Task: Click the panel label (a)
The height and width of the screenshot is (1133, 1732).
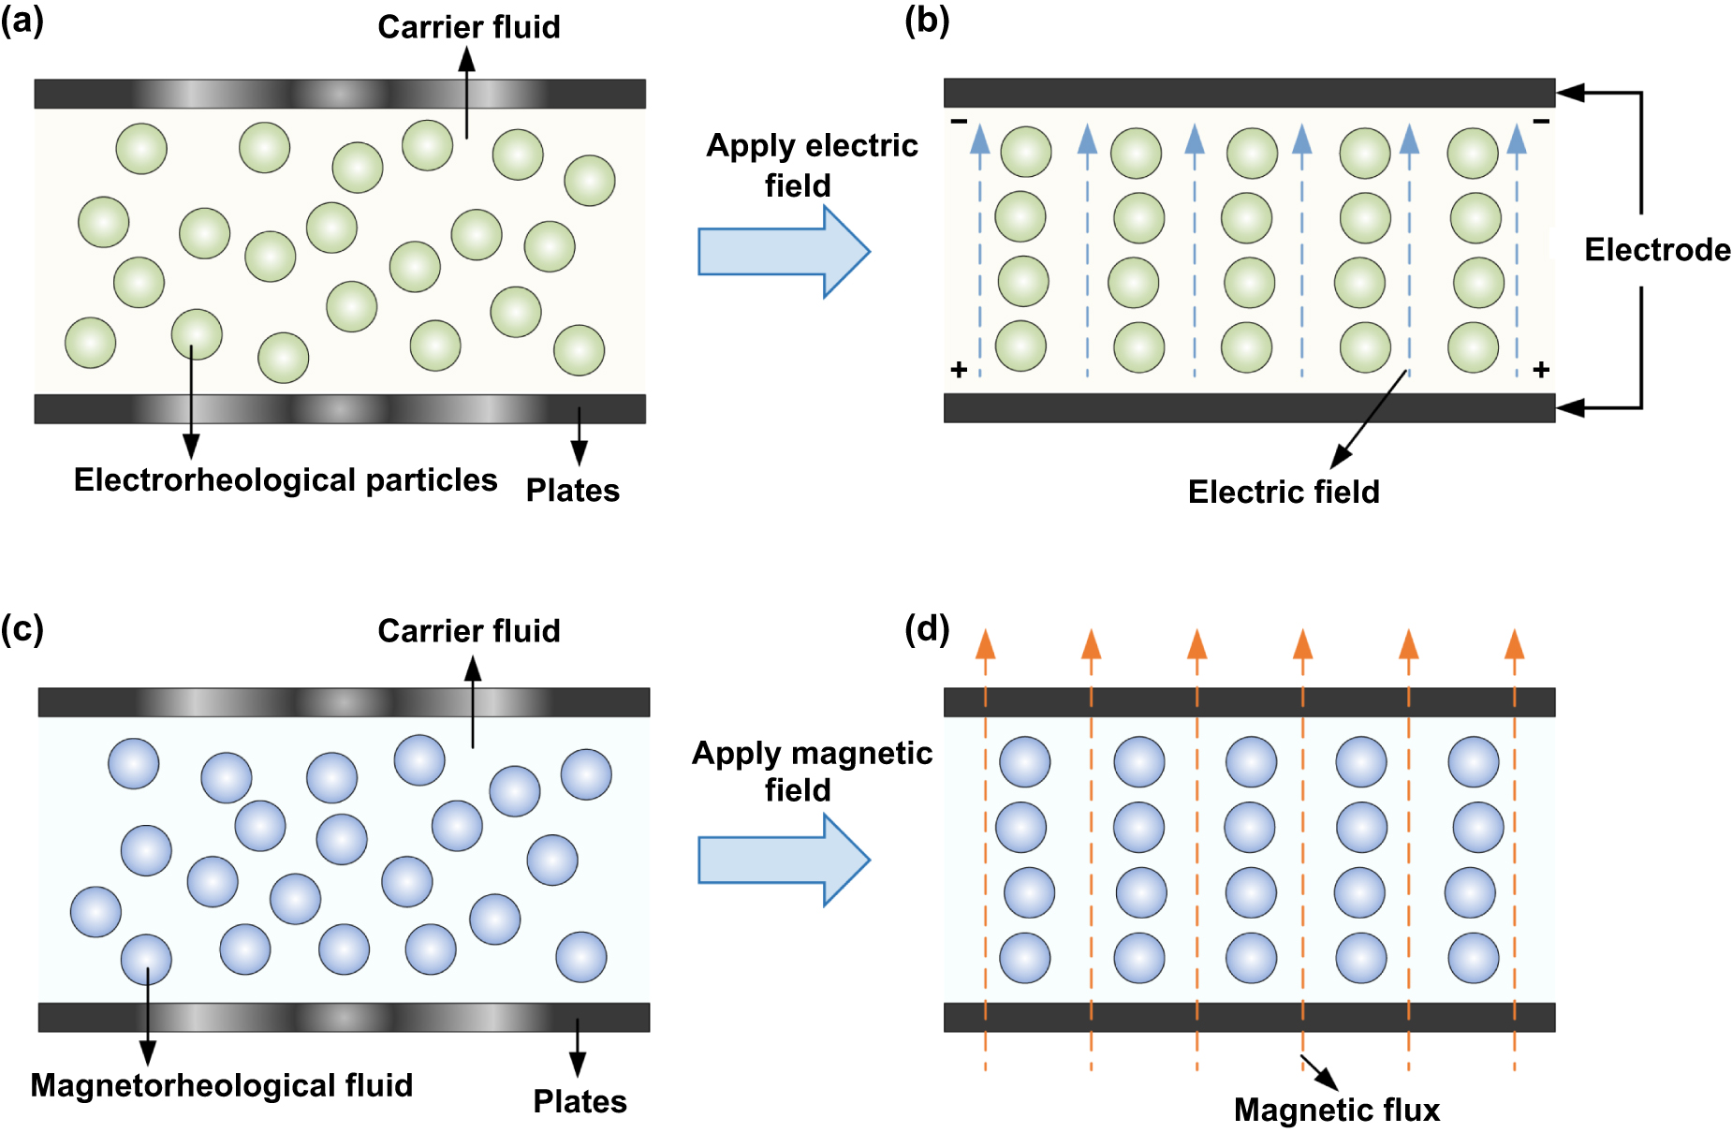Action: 22,21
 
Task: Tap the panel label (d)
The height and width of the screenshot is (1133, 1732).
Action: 927,628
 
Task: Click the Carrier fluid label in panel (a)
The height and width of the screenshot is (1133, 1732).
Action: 468,27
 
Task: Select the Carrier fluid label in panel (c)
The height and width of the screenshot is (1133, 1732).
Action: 468,631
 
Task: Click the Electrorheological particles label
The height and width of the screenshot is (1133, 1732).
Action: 286,480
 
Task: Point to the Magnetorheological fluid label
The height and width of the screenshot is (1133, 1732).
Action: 221,1085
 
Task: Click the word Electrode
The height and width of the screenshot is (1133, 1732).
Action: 1656,250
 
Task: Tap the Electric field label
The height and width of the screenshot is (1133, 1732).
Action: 1283,493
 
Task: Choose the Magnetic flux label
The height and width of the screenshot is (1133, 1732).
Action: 1336,1111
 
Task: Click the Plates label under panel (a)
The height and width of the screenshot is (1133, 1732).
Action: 572,491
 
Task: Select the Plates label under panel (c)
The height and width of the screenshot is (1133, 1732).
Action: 580,1102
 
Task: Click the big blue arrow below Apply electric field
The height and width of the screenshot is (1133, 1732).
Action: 783,252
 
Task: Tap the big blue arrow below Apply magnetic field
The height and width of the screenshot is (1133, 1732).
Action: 783,860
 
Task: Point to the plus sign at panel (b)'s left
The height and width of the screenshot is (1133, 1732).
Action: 958,370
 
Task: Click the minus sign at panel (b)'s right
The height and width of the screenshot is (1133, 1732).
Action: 1540,121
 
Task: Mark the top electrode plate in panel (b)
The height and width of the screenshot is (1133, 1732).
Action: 1248,93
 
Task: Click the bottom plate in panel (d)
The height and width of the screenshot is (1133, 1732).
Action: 1248,1017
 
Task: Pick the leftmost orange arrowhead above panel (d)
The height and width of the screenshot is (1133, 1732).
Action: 985,645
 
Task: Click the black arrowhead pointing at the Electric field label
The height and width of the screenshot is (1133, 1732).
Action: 1340,458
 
